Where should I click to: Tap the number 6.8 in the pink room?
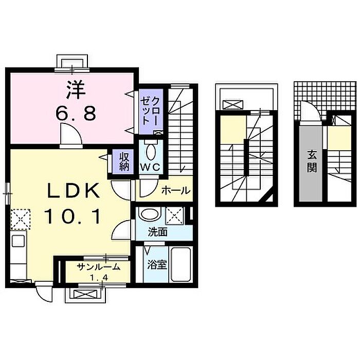pyautogui.click(x=76, y=114)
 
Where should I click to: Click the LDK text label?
pyautogui.click(x=73, y=190)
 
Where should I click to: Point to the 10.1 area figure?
pyautogui.click(x=73, y=216)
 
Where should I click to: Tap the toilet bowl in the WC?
pyautogui.click(x=151, y=152)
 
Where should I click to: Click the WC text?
pyautogui.click(x=150, y=168)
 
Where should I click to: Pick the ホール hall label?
pyautogui.click(x=176, y=190)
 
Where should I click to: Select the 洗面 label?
pyautogui.click(x=157, y=232)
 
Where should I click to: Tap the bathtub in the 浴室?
pyautogui.click(x=181, y=265)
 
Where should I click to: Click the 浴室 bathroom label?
pyautogui.click(x=157, y=265)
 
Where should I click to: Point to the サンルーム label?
pyautogui.click(x=99, y=267)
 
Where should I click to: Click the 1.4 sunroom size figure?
pyautogui.click(x=99, y=278)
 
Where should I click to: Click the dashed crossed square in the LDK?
pyautogui.click(x=21, y=219)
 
